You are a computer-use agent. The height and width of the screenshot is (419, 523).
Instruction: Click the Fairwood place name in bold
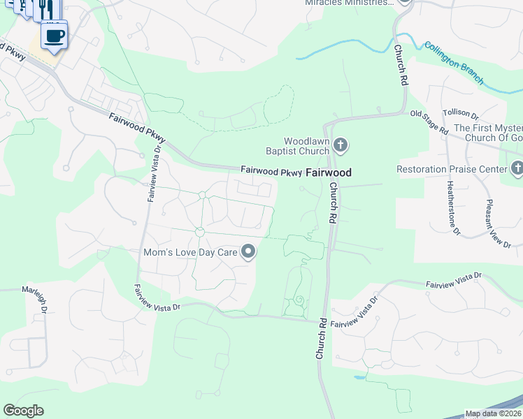coord(329,171)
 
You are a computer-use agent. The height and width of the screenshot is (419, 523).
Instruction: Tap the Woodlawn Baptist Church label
coord(296,145)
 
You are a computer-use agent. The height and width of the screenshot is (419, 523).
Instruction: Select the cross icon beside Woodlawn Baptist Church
coord(340,145)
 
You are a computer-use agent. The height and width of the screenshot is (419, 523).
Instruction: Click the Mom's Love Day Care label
coord(190,252)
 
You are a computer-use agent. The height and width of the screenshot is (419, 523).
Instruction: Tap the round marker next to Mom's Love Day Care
coord(248,252)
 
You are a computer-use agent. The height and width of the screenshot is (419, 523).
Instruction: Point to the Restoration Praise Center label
coord(452,169)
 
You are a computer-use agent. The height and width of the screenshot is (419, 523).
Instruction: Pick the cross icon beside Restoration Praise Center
coord(517,168)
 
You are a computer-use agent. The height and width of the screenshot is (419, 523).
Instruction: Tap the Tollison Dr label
coord(460,113)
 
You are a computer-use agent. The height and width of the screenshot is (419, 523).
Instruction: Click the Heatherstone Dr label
coord(451,206)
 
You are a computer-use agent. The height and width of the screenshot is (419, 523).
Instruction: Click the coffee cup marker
coord(55,34)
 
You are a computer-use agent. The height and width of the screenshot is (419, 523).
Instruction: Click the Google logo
coord(23,411)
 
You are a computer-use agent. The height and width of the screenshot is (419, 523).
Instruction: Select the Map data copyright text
coord(494,413)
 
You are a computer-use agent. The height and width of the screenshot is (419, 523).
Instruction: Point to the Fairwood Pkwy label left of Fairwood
coord(271,170)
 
